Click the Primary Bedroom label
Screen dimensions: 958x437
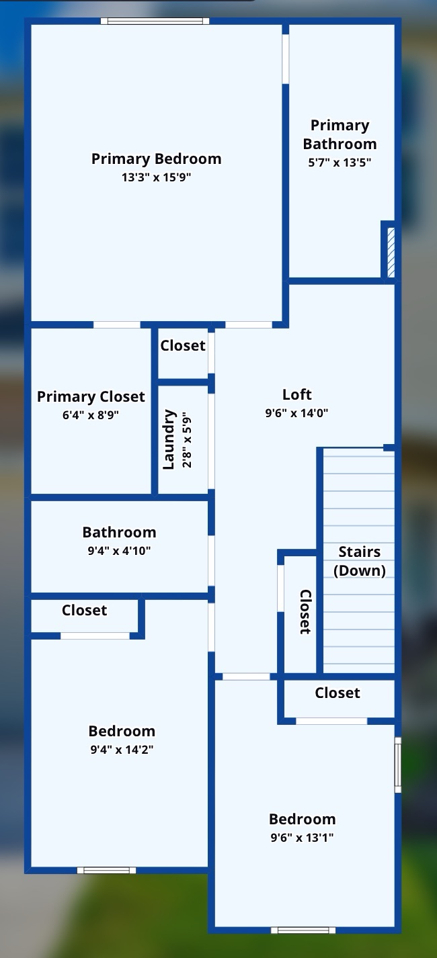pos(156,159)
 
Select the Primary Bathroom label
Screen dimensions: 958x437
pos(340,134)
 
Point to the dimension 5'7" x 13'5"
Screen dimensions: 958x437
pos(340,162)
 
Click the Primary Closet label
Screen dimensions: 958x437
pos(91,396)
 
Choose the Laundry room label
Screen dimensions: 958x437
pos(169,439)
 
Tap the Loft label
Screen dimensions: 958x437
pos(296,394)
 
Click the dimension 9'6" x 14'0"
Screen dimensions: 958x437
pos(296,413)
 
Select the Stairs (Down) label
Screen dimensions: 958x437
pos(360,561)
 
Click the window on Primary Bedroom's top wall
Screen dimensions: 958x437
pos(155,21)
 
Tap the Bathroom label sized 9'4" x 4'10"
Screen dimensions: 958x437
pos(119,532)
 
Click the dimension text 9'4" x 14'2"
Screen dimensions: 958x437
pos(122,750)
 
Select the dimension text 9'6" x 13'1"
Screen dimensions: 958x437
pos(302,838)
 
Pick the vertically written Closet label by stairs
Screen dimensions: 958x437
pos(305,611)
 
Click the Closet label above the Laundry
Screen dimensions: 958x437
pos(182,345)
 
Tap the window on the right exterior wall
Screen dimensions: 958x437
pos(397,764)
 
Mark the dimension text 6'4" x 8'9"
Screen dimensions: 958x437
pos(91,415)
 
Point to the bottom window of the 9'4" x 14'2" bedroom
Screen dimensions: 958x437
pos(106,871)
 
